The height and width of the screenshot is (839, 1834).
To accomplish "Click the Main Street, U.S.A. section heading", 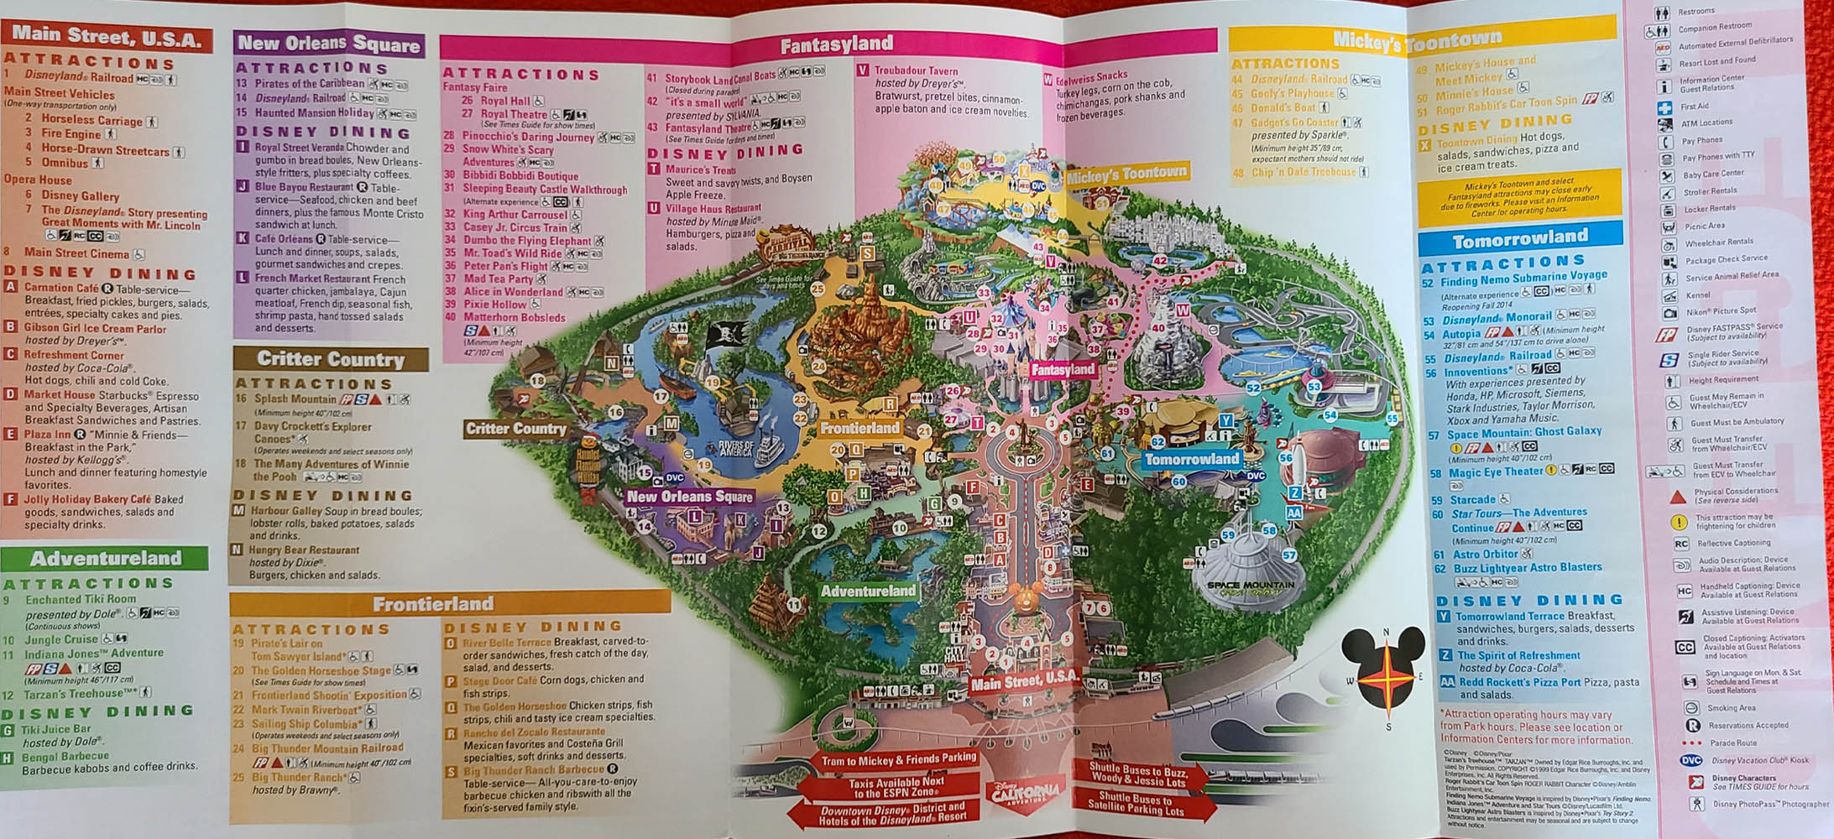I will point(107,36).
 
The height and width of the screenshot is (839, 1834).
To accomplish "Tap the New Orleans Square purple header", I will point(328,44).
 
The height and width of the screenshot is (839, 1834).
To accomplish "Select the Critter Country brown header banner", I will point(331,359).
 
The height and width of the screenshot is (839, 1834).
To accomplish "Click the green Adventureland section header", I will point(106,558).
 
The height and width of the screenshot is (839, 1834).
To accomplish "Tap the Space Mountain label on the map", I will point(1251,585).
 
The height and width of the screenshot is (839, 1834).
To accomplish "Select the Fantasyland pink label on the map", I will point(1063,369).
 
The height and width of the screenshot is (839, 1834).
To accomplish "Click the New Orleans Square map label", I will point(689,496).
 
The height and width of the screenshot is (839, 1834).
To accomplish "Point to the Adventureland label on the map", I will point(868,591).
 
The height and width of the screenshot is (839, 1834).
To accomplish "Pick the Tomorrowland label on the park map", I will point(1192,459).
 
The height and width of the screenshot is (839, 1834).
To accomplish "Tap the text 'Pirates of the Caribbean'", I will point(310,83).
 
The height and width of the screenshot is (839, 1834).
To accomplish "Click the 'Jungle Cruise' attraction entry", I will point(61,639).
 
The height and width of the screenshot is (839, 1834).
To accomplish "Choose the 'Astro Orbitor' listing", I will point(1486,554).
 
